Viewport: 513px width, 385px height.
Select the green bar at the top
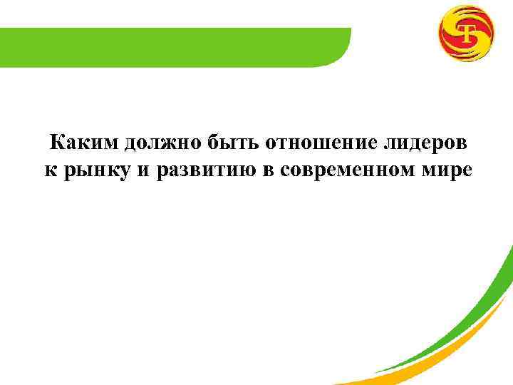pos(171,46)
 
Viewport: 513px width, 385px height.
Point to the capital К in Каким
pos(56,143)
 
